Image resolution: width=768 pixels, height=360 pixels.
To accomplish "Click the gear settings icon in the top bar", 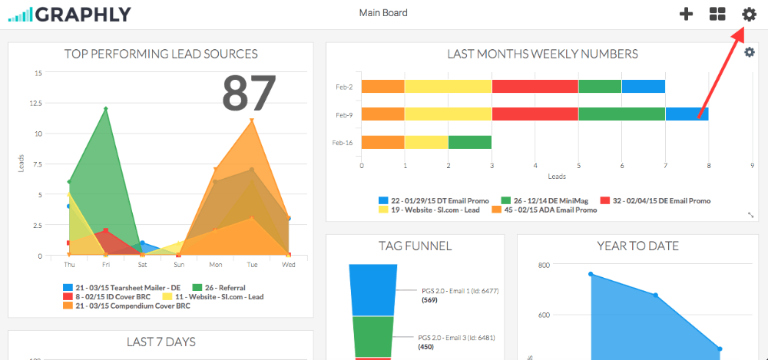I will point(749,14).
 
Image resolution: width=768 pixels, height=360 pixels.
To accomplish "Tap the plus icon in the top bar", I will point(687,14).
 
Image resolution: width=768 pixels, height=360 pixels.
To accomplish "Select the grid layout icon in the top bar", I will point(717,14).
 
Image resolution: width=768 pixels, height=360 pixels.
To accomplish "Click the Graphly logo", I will point(69,14).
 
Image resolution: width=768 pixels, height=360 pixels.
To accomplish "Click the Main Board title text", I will point(383,13).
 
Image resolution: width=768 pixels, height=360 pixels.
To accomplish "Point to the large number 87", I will point(249,94).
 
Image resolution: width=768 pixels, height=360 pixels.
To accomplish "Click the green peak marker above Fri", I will point(105,109).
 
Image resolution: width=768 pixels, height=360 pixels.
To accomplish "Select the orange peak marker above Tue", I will point(251,121).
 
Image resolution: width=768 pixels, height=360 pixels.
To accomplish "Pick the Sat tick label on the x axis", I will point(142,265).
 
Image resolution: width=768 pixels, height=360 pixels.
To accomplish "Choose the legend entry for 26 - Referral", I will point(219,287).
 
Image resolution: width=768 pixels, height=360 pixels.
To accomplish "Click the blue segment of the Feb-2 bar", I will point(644,87).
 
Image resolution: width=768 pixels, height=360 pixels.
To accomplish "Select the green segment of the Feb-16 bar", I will point(469,142).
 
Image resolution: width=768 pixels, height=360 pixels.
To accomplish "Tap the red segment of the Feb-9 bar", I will point(535,114).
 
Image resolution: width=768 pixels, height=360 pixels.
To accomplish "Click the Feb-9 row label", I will point(343,114).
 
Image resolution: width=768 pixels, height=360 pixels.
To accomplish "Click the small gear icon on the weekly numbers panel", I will point(750,52).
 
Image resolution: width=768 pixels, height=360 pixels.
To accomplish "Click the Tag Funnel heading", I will point(415,246).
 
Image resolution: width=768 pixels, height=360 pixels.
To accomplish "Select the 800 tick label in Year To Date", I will point(544,265).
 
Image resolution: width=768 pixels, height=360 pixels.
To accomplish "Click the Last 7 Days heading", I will point(161,342).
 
